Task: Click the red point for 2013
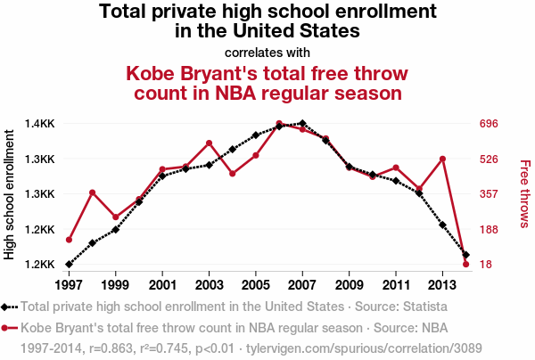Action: (442, 159)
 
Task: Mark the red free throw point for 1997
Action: (69, 240)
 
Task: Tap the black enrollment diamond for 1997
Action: (69, 265)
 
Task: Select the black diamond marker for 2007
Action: (302, 123)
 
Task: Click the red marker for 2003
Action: (209, 143)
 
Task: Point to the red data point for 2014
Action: (465, 265)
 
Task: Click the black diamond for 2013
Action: (442, 225)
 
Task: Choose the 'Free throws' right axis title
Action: (524, 193)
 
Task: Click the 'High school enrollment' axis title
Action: (10, 193)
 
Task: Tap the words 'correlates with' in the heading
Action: (267, 52)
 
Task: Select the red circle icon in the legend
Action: (8, 326)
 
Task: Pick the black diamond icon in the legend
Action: (8, 307)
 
